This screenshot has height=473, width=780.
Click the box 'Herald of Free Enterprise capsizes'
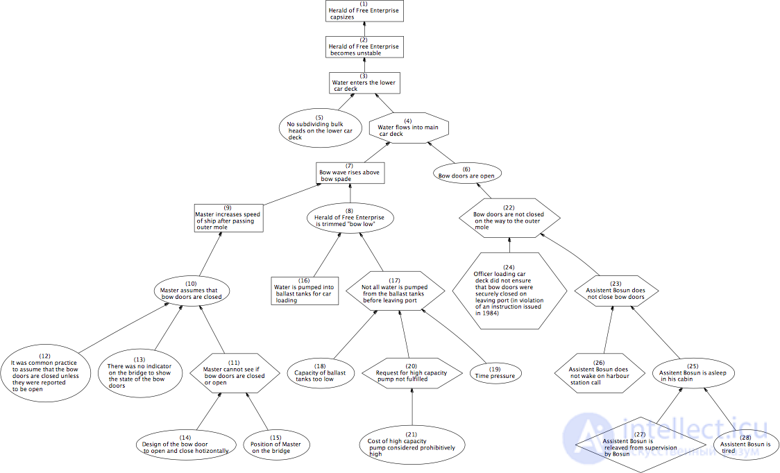(364, 11)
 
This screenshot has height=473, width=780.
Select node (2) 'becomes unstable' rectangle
(364, 46)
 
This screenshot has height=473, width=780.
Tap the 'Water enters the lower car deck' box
(364, 83)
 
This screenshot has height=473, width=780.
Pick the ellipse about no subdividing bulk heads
(321, 128)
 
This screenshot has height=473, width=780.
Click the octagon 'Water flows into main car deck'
(409, 128)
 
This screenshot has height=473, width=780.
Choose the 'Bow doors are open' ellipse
(466, 173)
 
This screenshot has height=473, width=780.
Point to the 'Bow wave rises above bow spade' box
(350, 173)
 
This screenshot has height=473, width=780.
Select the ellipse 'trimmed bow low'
(349, 217)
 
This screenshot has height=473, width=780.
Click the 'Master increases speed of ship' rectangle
(228, 218)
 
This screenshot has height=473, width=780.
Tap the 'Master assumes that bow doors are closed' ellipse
(192, 291)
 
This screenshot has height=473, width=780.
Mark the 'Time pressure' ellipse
(495, 373)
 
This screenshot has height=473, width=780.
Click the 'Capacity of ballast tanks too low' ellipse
(321, 373)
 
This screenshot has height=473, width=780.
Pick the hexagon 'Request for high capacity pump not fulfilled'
(412, 373)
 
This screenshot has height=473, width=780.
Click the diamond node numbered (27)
(641, 445)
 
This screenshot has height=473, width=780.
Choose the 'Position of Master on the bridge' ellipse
(276, 444)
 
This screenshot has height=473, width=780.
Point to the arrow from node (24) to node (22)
(509, 246)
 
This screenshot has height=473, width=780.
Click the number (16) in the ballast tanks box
(304, 280)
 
